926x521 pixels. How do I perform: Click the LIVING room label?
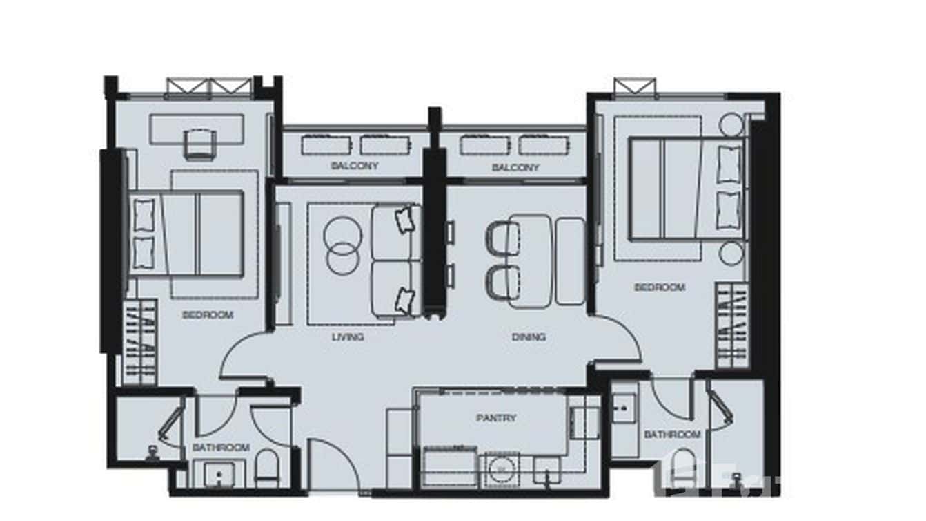pyautogui.click(x=347, y=337)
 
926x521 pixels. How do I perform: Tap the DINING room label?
pyautogui.click(x=529, y=337)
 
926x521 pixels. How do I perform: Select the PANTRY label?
pyautogui.click(x=495, y=418)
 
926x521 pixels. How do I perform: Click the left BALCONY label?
pyautogui.click(x=354, y=167)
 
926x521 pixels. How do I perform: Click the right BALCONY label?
pyautogui.click(x=515, y=168)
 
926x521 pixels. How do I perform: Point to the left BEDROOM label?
pyautogui.click(x=208, y=315)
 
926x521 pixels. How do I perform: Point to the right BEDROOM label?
pyautogui.click(x=660, y=287)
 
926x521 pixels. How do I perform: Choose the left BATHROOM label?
pyautogui.click(x=221, y=448)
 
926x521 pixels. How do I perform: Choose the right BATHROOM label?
pyautogui.click(x=672, y=435)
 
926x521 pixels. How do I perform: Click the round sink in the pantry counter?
pyautogui.click(x=502, y=468)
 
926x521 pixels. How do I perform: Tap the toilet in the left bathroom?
pyautogui.click(x=266, y=470)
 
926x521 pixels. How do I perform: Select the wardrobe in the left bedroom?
pyautogui.click(x=139, y=341)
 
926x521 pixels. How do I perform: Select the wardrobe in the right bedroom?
pyautogui.click(x=732, y=325)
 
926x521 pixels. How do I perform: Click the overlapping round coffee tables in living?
pyautogui.click(x=342, y=246)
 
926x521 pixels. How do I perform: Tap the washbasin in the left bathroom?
pyautogui.click(x=219, y=475)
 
